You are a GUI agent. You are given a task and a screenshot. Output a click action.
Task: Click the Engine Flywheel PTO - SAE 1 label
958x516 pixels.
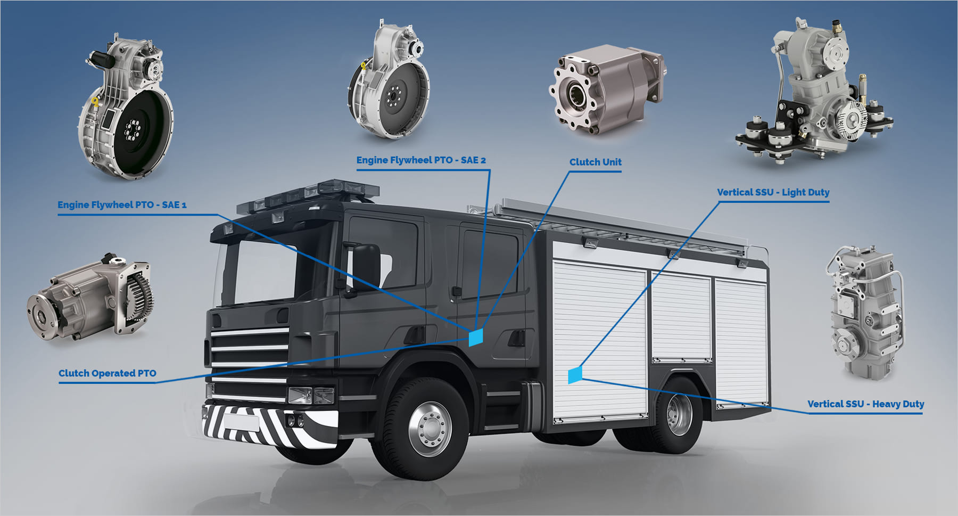coord(122,204)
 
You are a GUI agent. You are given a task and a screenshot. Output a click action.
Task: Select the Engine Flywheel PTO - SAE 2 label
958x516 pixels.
coord(421,160)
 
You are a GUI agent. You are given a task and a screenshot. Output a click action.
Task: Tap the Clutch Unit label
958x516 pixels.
coord(595,162)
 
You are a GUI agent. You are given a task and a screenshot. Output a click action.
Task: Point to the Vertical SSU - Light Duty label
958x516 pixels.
coord(773,192)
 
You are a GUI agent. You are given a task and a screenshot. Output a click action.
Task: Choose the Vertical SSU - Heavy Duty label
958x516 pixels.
coord(865,404)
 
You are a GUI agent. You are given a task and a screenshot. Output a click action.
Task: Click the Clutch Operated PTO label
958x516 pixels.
coord(108,373)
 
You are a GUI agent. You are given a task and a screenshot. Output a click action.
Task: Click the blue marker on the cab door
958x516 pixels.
coord(475,337)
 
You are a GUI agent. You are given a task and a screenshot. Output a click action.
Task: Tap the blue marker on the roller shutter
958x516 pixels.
coord(575,375)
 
